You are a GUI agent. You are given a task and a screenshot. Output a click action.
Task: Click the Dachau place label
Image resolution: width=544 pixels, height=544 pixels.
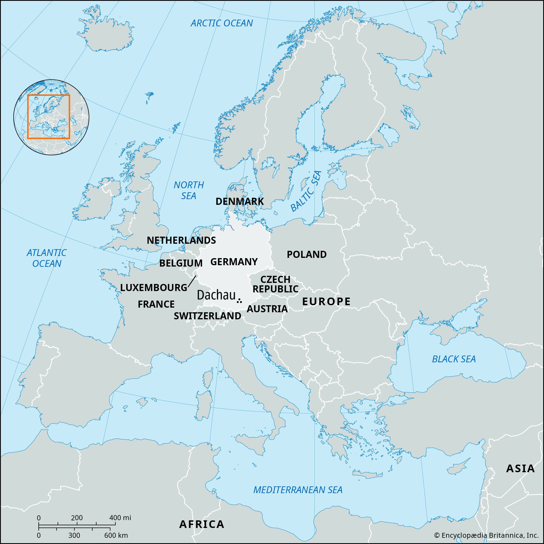(216, 295)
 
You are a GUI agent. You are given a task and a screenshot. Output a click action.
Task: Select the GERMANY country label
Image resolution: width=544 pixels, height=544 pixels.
(234, 262)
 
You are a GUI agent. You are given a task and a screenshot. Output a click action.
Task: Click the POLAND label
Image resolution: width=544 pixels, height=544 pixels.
(306, 255)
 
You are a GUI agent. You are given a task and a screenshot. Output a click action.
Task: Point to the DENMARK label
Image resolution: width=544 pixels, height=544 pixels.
(240, 201)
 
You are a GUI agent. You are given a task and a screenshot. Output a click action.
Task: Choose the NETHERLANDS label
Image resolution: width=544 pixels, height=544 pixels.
(181, 240)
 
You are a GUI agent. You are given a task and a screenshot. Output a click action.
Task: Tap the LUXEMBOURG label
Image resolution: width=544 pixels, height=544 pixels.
(153, 288)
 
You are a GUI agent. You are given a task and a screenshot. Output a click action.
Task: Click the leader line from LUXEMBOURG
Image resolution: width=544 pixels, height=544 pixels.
(192, 281)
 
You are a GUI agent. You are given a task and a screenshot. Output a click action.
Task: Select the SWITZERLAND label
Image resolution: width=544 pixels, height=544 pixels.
(207, 316)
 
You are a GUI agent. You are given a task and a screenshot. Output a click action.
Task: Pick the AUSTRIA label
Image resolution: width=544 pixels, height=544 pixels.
(267, 309)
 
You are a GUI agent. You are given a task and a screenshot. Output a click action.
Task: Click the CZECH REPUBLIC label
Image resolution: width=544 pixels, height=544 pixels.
(275, 284)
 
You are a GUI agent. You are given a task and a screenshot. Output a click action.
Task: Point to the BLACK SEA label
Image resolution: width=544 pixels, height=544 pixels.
(454, 359)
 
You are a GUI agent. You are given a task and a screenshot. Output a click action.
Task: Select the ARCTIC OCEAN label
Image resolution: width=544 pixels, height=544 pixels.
(222, 23)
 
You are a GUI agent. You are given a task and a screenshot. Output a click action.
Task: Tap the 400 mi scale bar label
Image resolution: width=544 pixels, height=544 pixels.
(120, 518)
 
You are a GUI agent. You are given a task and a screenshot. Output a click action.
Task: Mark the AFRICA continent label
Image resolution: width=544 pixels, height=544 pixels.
(202, 524)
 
